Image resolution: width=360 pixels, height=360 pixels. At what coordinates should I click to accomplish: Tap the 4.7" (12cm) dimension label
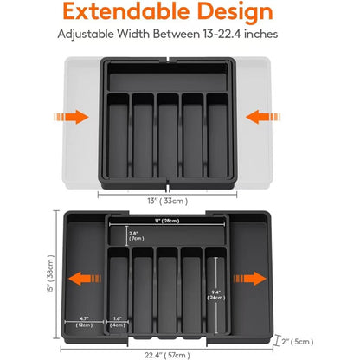tap(84, 322)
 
